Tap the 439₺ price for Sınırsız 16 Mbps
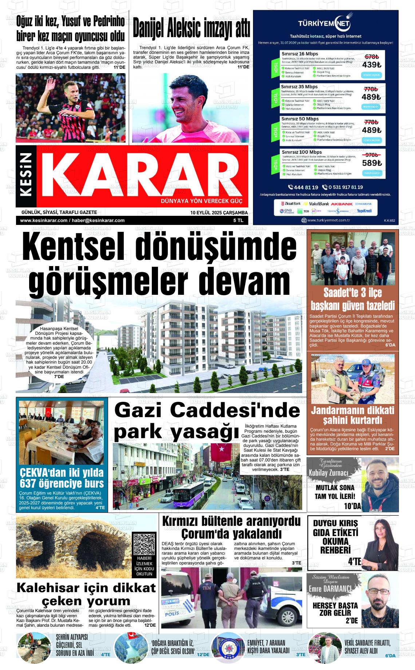tap(371, 65)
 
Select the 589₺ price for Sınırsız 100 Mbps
tap(372, 163)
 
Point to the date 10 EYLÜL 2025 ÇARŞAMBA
tap(219, 213)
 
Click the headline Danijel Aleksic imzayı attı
tap(191, 29)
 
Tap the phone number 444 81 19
tap(303, 187)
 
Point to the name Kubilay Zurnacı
tap(328, 473)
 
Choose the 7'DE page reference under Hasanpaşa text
tap(59, 376)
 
